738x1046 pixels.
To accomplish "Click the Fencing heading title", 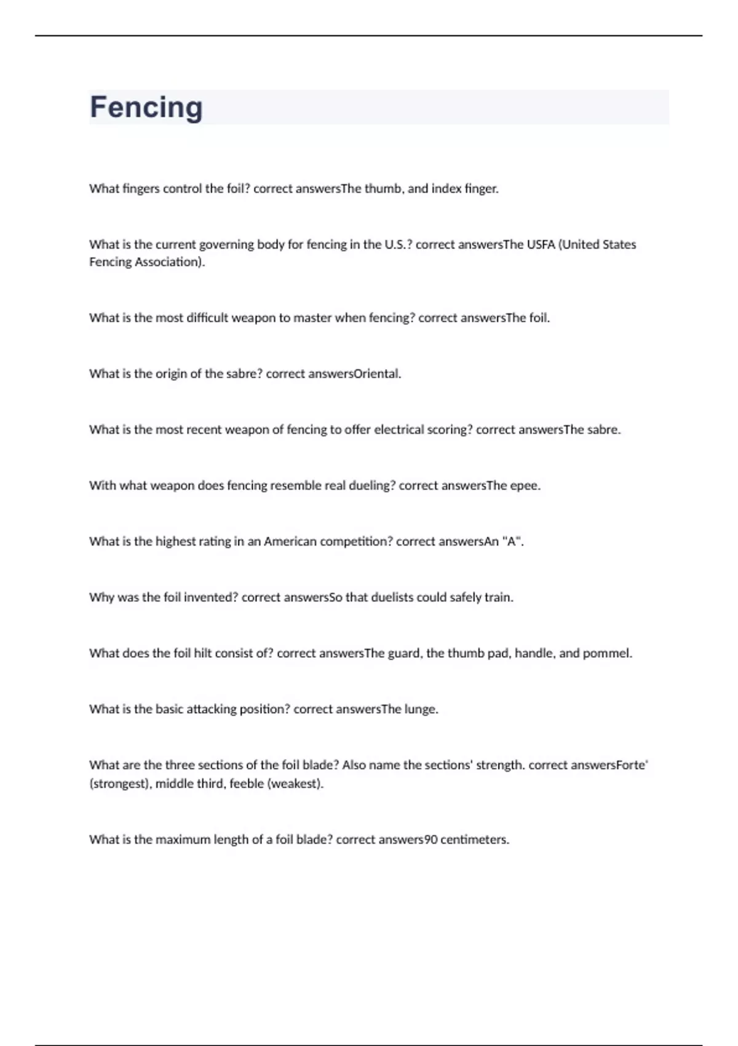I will (146, 107).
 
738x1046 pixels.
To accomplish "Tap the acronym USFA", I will (541, 244).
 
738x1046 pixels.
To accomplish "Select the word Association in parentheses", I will (168, 262).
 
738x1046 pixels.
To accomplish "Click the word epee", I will (525, 485).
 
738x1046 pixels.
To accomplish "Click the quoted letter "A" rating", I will (512, 541).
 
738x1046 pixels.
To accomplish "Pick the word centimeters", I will (474, 839).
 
